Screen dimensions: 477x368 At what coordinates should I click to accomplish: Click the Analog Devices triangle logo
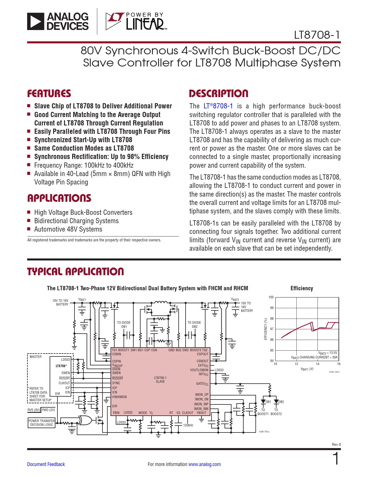coord(36,21)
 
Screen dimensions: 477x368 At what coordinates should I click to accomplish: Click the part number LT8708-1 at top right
coord(317,35)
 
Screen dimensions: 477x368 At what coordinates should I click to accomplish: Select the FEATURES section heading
coord(49,94)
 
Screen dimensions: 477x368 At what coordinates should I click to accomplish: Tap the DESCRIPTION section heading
coord(218,94)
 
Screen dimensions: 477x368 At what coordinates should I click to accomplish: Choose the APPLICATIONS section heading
coord(59,198)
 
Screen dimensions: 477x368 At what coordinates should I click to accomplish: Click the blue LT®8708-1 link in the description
coord(218,106)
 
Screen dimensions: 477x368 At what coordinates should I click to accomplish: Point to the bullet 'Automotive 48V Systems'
coord(68,229)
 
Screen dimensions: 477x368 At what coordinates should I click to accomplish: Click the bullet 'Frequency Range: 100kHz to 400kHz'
coord(84,165)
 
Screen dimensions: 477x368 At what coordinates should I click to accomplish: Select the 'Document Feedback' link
coord(46,464)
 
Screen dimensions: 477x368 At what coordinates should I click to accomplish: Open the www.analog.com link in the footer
coord(204,464)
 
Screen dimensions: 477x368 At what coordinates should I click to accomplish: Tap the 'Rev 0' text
coord(336,444)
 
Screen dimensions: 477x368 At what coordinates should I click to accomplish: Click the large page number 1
coord(336,459)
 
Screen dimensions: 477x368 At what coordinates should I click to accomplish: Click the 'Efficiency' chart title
coord(302,288)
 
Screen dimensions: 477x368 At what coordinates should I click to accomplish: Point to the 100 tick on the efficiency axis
coord(271,297)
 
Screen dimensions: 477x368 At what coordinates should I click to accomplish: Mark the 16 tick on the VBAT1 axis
coord(339,364)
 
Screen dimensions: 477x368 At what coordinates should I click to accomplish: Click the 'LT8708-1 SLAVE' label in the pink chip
coord(160,380)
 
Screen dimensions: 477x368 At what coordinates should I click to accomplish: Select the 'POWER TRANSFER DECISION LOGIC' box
coord(42,423)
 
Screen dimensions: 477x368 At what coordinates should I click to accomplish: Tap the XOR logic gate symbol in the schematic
coord(85,420)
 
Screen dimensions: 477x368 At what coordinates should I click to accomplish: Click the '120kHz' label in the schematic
coord(188,425)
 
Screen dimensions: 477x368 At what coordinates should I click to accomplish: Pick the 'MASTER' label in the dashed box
coord(36,357)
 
